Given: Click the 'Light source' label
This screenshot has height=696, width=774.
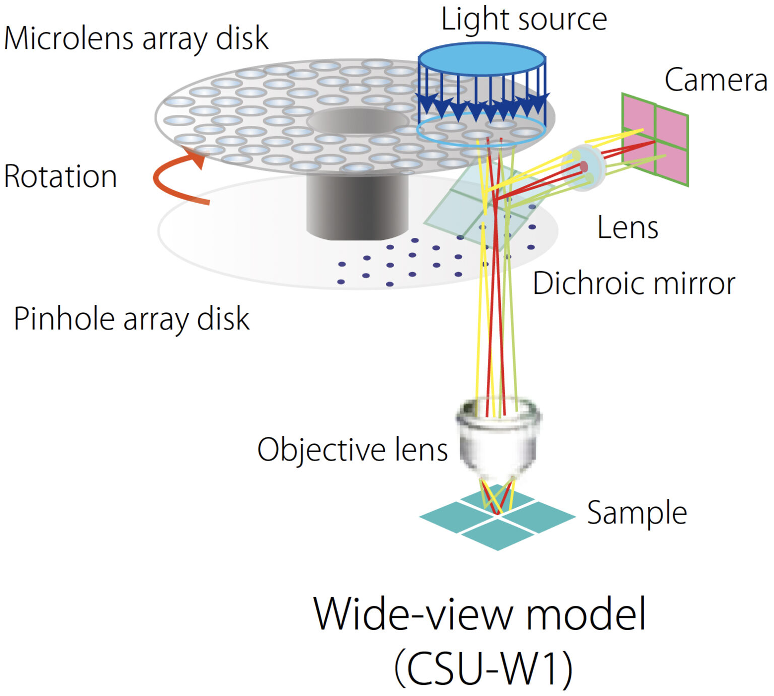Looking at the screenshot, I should (x=524, y=20).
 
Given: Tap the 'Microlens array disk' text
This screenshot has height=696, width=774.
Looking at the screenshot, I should (x=136, y=39).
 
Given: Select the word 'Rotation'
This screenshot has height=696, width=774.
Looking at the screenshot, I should (x=60, y=176).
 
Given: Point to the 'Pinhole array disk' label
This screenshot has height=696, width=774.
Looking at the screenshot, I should (x=132, y=319).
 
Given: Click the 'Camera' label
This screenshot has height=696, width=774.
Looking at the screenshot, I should (x=716, y=80).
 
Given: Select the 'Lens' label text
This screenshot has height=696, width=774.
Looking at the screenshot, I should (x=627, y=228).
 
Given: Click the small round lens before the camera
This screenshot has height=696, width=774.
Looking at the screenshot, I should (x=583, y=167).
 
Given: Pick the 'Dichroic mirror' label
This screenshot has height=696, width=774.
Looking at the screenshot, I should (x=634, y=284).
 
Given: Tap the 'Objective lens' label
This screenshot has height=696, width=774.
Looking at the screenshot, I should (x=352, y=450).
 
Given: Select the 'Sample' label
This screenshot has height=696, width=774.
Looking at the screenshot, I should (x=637, y=513).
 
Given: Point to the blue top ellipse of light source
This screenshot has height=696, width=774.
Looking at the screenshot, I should (x=482, y=57).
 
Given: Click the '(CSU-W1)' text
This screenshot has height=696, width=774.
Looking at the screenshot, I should (x=483, y=668).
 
